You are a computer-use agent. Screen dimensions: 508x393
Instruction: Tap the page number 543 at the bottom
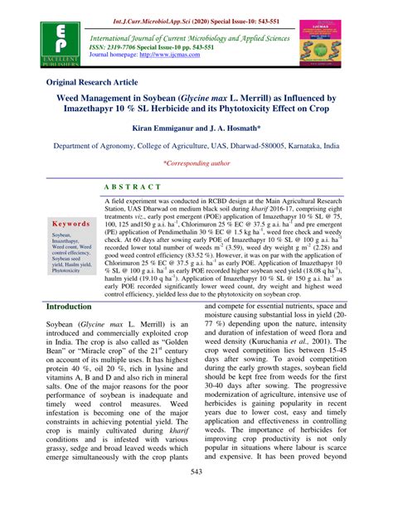pyautogui.click(x=196, y=495)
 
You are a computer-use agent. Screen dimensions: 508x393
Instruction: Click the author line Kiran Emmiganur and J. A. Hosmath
pyautogui.click(x=196, y=129)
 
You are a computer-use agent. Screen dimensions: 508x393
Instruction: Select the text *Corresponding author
pyautogui.click(x=196, y=165)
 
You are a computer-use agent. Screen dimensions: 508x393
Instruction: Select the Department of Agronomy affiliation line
pyautogui.click(x=196, y=145)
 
